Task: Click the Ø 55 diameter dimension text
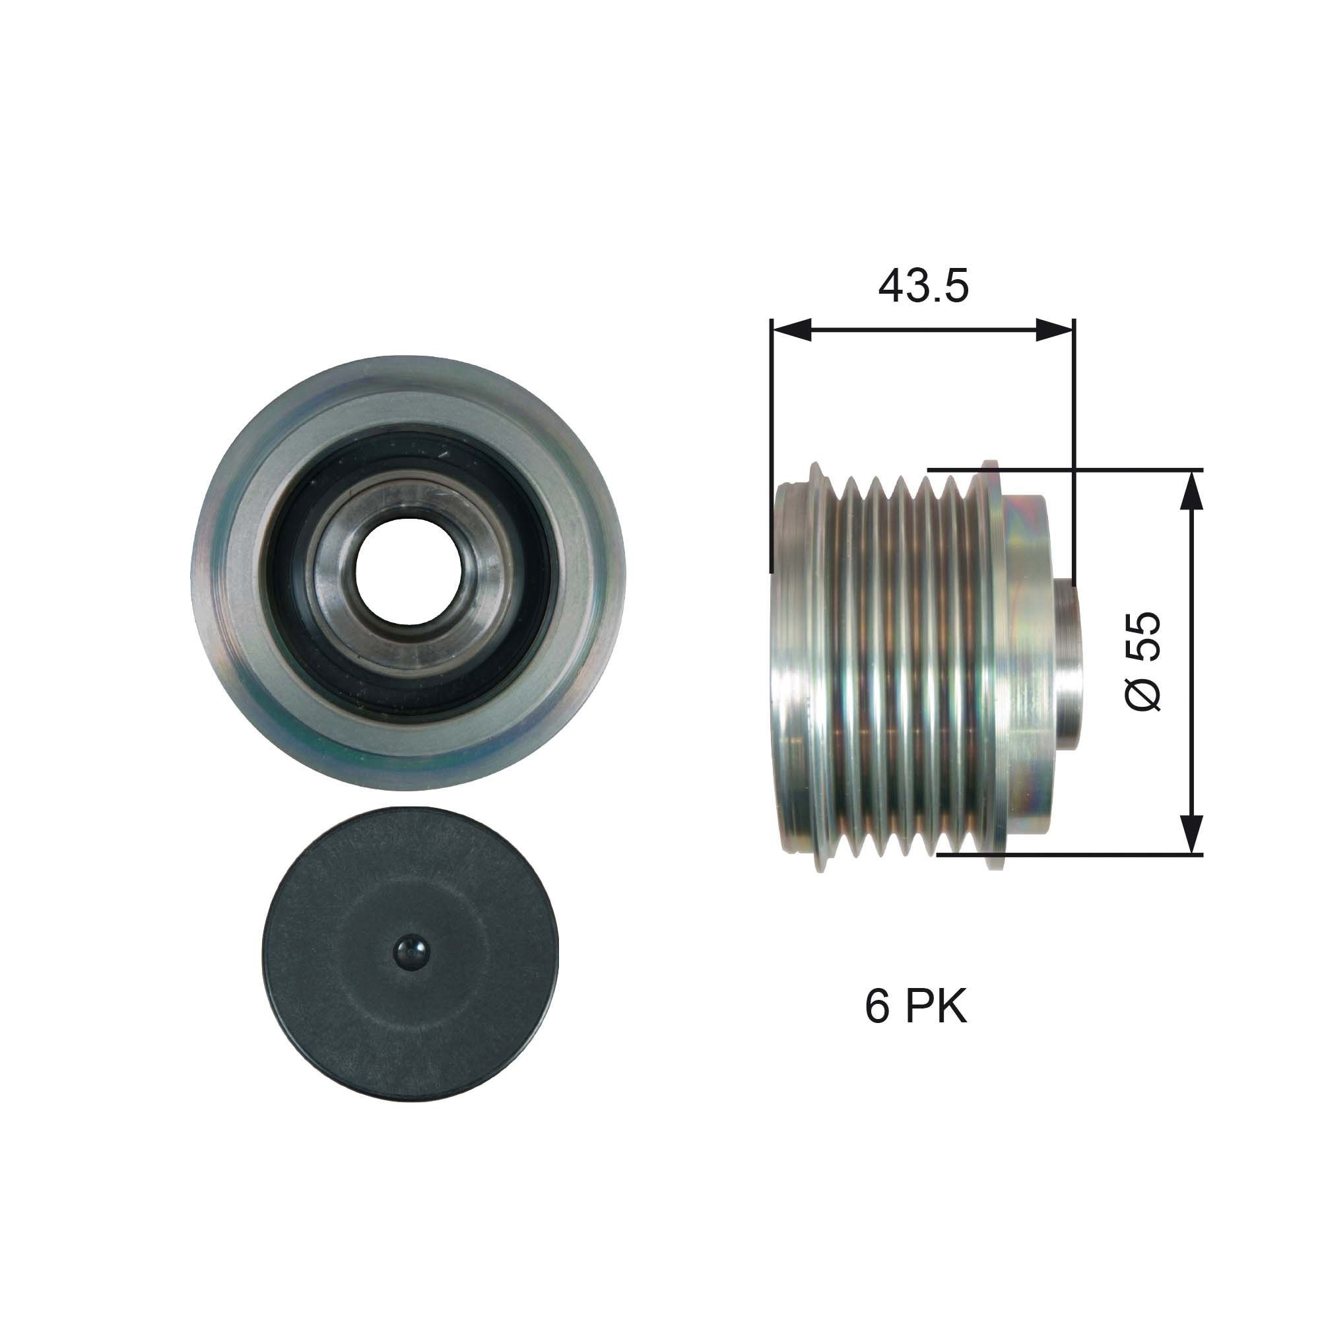coord(1143,661)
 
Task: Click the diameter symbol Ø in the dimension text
coord(1143,694)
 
